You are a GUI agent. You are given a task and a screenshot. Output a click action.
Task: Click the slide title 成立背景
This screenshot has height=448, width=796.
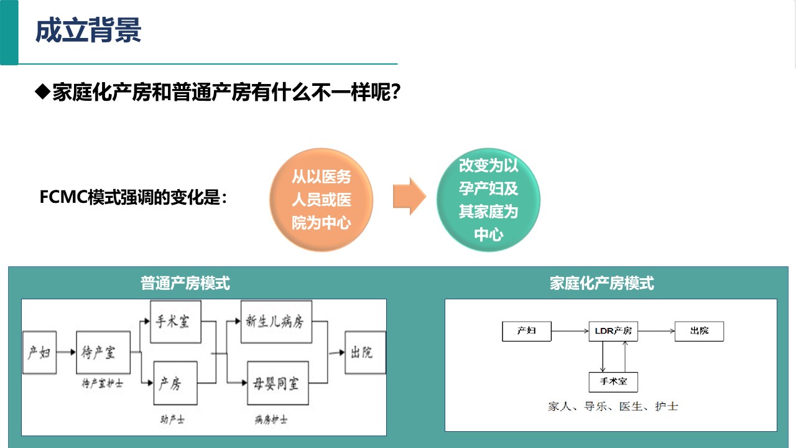tap(88, 30)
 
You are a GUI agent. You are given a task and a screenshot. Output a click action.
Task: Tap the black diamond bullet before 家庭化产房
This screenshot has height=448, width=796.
tap(43, 91)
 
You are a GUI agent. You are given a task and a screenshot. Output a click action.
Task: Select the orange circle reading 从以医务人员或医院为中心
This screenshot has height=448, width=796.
tap(322, 200)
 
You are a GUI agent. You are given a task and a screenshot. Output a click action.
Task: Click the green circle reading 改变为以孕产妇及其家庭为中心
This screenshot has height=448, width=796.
tap(488, 200)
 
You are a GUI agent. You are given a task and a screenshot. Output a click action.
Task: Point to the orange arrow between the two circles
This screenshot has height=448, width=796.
tap(409, 196)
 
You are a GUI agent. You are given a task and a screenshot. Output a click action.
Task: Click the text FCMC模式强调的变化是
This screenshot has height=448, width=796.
tap(133, 197)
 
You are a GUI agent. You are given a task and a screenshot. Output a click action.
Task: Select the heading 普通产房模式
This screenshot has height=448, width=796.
tap(185, 283)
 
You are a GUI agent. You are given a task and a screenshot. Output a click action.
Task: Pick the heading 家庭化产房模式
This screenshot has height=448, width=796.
tap(601, 283)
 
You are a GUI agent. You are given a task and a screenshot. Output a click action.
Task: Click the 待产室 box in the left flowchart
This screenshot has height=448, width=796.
tap(103, 352)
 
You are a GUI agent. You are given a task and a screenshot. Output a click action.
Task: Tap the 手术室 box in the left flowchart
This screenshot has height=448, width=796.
tap(175, 322)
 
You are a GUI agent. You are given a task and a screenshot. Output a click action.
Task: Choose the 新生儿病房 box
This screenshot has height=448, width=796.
tap(277, 322)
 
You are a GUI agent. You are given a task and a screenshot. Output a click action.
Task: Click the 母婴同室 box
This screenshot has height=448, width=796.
tap(278, 383)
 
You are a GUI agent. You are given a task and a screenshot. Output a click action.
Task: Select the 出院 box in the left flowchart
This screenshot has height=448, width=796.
tap(365, 352)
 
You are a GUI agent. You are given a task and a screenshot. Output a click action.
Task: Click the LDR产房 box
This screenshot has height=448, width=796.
tap(613, 332)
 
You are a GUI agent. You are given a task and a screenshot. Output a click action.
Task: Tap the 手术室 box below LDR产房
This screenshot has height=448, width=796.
tap(613, 382)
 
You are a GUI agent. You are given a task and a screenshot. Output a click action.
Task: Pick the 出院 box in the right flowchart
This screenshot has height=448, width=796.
tap(700, 332)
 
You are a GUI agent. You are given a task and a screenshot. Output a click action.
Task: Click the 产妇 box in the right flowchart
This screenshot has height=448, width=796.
tap(527, 332)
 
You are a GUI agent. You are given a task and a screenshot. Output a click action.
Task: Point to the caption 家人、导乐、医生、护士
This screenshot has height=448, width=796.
tap(613, 406)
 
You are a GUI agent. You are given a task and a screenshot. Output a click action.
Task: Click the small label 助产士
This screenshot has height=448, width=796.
tap(172, 420)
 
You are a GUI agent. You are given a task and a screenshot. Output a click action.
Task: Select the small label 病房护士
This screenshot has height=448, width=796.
tap(271, 420)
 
